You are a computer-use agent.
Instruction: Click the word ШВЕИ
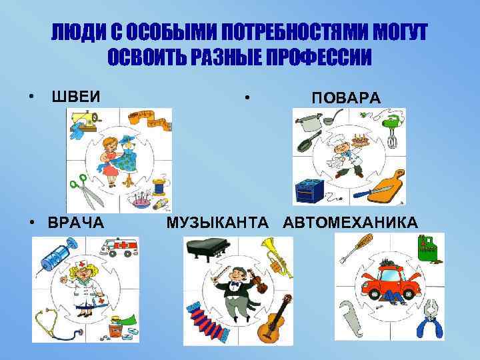tap(76, 96)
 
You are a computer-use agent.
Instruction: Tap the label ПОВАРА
tap(346, 98)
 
